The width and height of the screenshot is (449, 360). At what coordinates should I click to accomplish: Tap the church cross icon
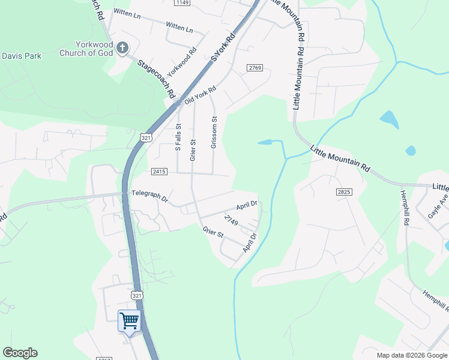click(122, 47)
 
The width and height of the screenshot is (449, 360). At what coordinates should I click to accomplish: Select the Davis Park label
click(21, 56)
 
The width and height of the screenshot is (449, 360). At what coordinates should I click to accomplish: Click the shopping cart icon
click(130, 321)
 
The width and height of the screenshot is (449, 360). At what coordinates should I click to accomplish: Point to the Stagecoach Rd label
click(155, 78)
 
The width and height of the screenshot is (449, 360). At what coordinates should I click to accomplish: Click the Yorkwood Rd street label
click(182, 62)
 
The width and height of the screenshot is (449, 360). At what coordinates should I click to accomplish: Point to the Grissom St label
click(214, 133)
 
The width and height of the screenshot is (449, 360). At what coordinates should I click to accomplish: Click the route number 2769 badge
click(255, 68)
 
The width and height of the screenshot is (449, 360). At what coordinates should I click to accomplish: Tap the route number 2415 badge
click(159, 172)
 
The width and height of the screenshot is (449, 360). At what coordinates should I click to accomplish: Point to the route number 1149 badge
click(182, 3)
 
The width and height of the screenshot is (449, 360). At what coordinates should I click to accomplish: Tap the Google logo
click(20, 353)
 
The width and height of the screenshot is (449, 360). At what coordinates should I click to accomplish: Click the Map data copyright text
click(412, 355)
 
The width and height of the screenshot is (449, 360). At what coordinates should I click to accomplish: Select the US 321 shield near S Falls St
click(146, 137)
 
